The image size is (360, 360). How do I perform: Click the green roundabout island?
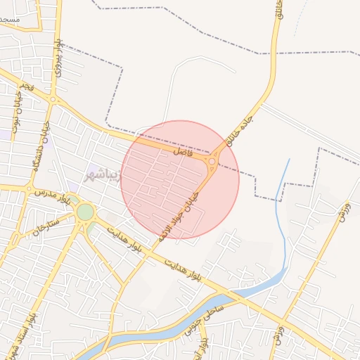(x=85, y=212)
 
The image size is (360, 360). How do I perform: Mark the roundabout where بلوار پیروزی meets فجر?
(x=54, y=100)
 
